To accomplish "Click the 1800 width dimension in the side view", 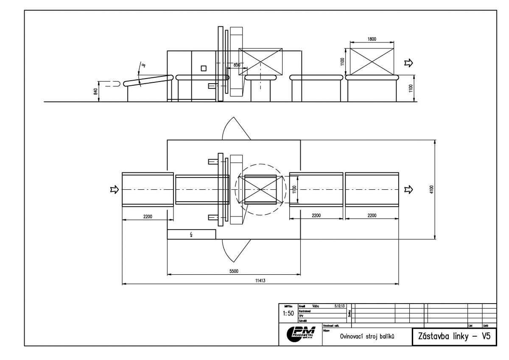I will pos(372,39).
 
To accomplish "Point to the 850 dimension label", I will pos(237,65).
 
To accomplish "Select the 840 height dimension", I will pos(96,91).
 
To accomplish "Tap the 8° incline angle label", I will pos(144,65).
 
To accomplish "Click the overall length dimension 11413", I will pos(260,281).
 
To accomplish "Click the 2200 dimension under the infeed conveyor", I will pos(147,217).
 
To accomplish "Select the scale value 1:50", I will pos(288,313).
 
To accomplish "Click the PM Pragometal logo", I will pos(301,334).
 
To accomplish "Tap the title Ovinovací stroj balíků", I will pos(367,337).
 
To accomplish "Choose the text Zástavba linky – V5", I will pos(454,336).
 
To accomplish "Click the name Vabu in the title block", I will pos(315,306).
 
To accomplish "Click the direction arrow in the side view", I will pos(408,63).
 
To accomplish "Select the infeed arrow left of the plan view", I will pos(114,189).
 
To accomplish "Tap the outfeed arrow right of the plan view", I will pos(408,189).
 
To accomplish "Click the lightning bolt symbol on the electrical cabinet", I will pos(192,234).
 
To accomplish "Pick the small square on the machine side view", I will pos(204,68).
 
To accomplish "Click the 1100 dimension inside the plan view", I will pos(294,189).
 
